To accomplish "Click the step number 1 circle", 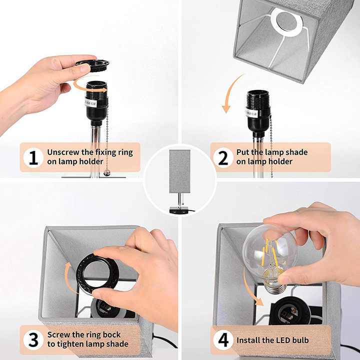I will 33,157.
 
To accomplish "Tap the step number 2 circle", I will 223,157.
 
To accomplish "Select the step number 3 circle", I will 33,339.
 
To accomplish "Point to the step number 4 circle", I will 223,340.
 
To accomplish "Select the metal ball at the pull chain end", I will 106,172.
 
